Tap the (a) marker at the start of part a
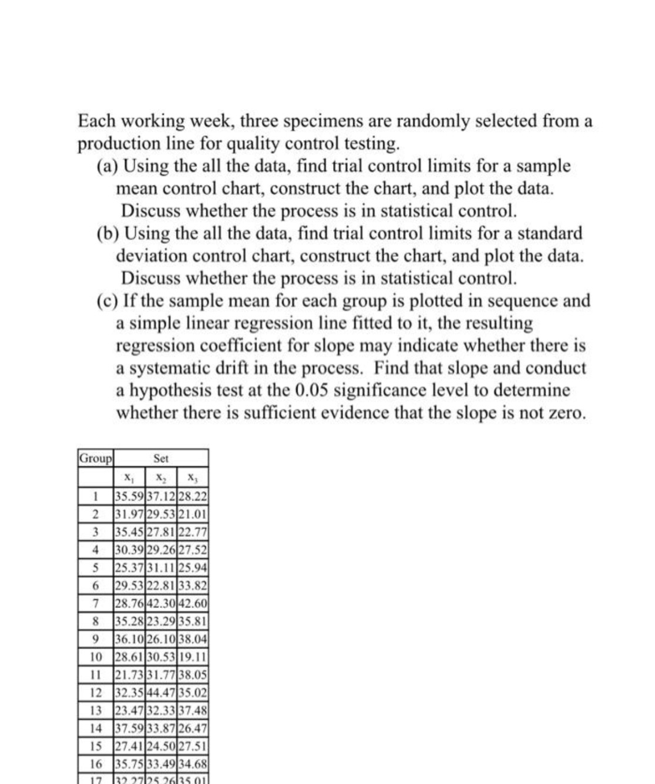tap(107, 167)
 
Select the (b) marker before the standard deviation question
tap(107, 234)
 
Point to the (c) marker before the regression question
tap(107, 301)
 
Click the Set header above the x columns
tap(161, 458)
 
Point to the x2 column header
tap(159, 477)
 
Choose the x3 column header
tap(192, 477)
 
